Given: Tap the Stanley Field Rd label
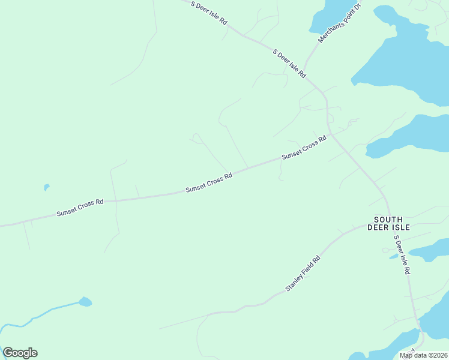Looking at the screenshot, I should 303,274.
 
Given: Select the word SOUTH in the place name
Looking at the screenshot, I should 388,220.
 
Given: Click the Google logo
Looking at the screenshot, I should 20,353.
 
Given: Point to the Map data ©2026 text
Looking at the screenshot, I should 423,355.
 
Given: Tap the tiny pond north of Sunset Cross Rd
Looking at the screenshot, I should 46,187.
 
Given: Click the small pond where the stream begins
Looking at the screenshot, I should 85,301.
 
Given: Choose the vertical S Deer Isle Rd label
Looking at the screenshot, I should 402,254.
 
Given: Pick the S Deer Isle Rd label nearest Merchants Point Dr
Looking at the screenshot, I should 289,64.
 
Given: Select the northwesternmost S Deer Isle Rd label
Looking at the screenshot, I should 209,13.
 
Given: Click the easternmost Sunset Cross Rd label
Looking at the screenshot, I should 304,147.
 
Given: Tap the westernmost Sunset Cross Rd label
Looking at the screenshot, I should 80,208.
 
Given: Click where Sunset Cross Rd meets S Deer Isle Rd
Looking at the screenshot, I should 330,135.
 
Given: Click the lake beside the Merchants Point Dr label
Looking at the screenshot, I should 327,15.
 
